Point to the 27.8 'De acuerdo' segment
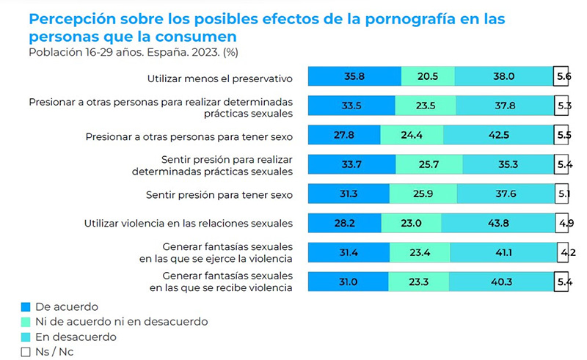(x=343, y=136)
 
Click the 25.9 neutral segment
(x=423, y=194)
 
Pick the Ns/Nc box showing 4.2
(x=562, y=253)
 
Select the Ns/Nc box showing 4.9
(x=561, y=223)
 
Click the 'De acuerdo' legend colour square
(x=27, y=307)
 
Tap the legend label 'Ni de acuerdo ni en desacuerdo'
(x=122, y=322)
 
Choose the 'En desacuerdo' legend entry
(x=76, y=337)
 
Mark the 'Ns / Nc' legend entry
(x=54, y=352)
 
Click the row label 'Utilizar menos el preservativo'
(x=219, y=78)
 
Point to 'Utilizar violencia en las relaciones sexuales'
(x=189, y=224)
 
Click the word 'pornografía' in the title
(x=390, y=18)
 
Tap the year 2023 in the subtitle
(x=175, y=52)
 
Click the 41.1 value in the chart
(x=503, y=253)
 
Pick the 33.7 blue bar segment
(x=351, y=165)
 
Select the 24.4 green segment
(x=412, y=136)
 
